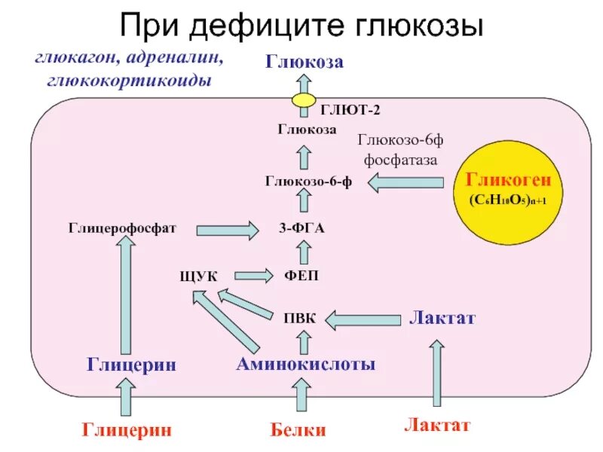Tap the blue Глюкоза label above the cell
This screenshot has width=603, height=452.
304,62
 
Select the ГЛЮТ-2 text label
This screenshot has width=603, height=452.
350,110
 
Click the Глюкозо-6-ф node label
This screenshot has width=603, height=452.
308,181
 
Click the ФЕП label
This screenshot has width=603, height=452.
301,276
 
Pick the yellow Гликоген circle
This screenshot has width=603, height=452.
507,188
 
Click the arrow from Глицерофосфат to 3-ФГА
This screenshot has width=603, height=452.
227,229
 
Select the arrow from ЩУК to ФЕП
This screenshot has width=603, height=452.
253,276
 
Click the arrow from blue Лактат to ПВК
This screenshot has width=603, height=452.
363,319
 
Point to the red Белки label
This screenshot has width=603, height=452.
298,430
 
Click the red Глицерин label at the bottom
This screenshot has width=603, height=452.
127,430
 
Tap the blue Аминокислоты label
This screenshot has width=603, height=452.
305,365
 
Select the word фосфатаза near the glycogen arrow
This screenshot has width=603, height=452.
400,160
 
